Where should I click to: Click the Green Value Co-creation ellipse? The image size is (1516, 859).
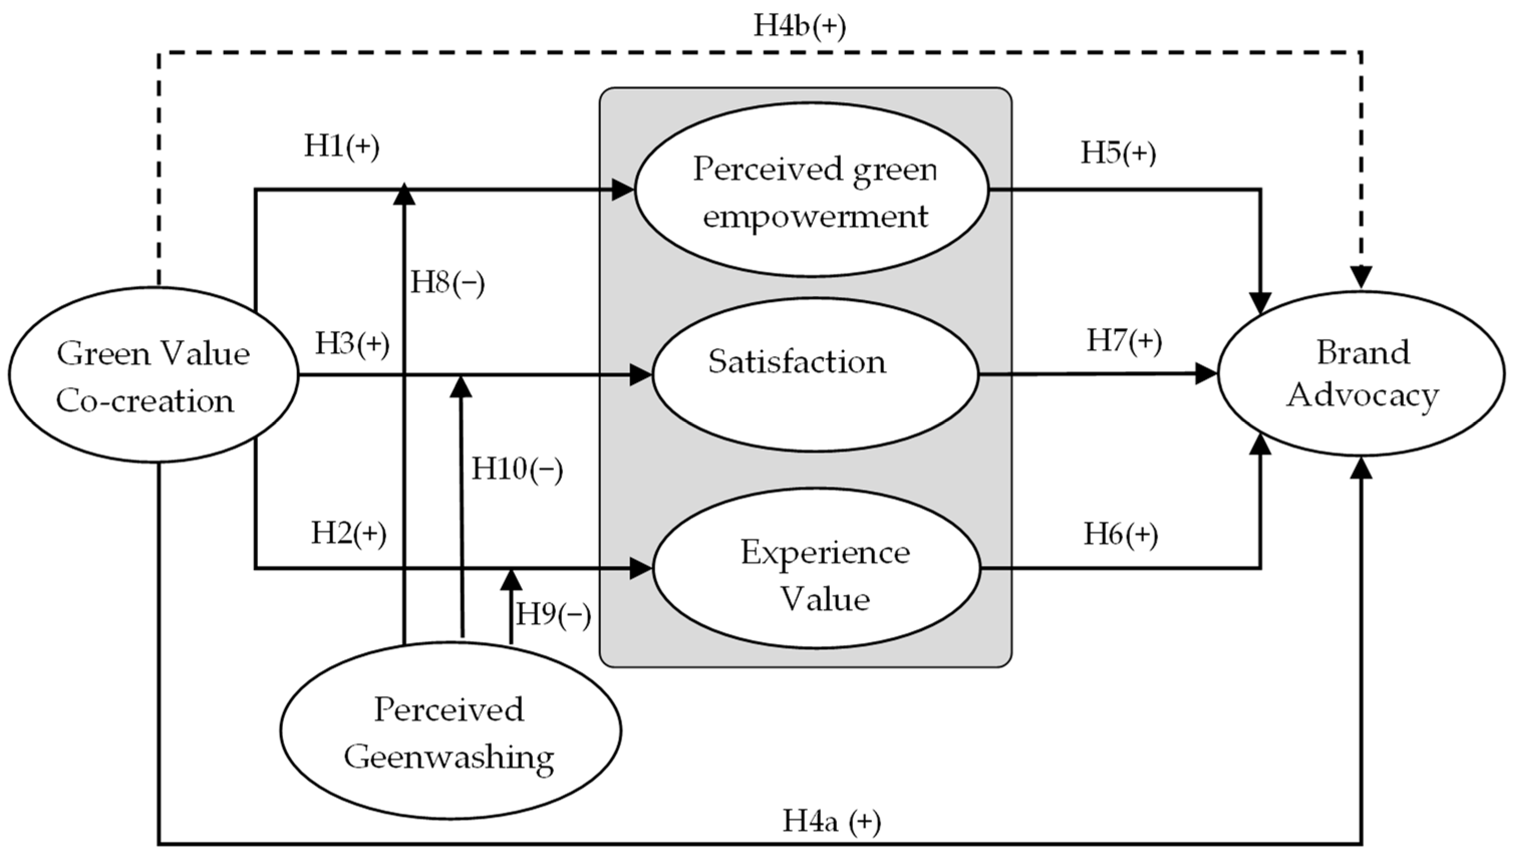pyautogui.click(x=154, y=375)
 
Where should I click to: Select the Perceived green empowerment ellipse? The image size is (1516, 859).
pyautogui.click(x=811, y=190)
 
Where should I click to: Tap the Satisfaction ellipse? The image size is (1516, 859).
pyautogui.click(x=814, y=374)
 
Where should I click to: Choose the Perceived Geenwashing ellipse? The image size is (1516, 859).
pyautogui.click(x=450, y=732)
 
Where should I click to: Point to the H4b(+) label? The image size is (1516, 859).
pyautogui.click(x=800, y=27)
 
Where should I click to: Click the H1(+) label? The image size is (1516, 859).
pyautogui.click(x=342, y=146)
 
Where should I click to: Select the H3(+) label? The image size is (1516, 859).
pyautogui.click(x=352, y=343)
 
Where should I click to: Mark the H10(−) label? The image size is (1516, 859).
pyautogui.click(x=517, y=470)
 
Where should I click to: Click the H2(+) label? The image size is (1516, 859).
pyautogui.click(x=349, y=534)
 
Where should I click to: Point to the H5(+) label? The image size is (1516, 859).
pyautogui.click(x=1118, y=153)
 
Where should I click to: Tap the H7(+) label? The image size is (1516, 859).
pyautogui.click(x=1124, y=341)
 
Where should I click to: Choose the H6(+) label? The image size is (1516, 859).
pyautogui.click(x=1121, y=535)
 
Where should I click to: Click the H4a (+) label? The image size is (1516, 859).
pyautogui.click(x=831, y=821)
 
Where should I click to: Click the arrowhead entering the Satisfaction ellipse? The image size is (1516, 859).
pyautogui.click(x=640, y=375)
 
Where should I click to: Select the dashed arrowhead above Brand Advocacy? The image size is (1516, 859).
pyautogui.click(x=1362, y=277)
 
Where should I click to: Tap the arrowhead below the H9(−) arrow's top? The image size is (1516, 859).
pyautogui.click(x=511, y=580)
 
